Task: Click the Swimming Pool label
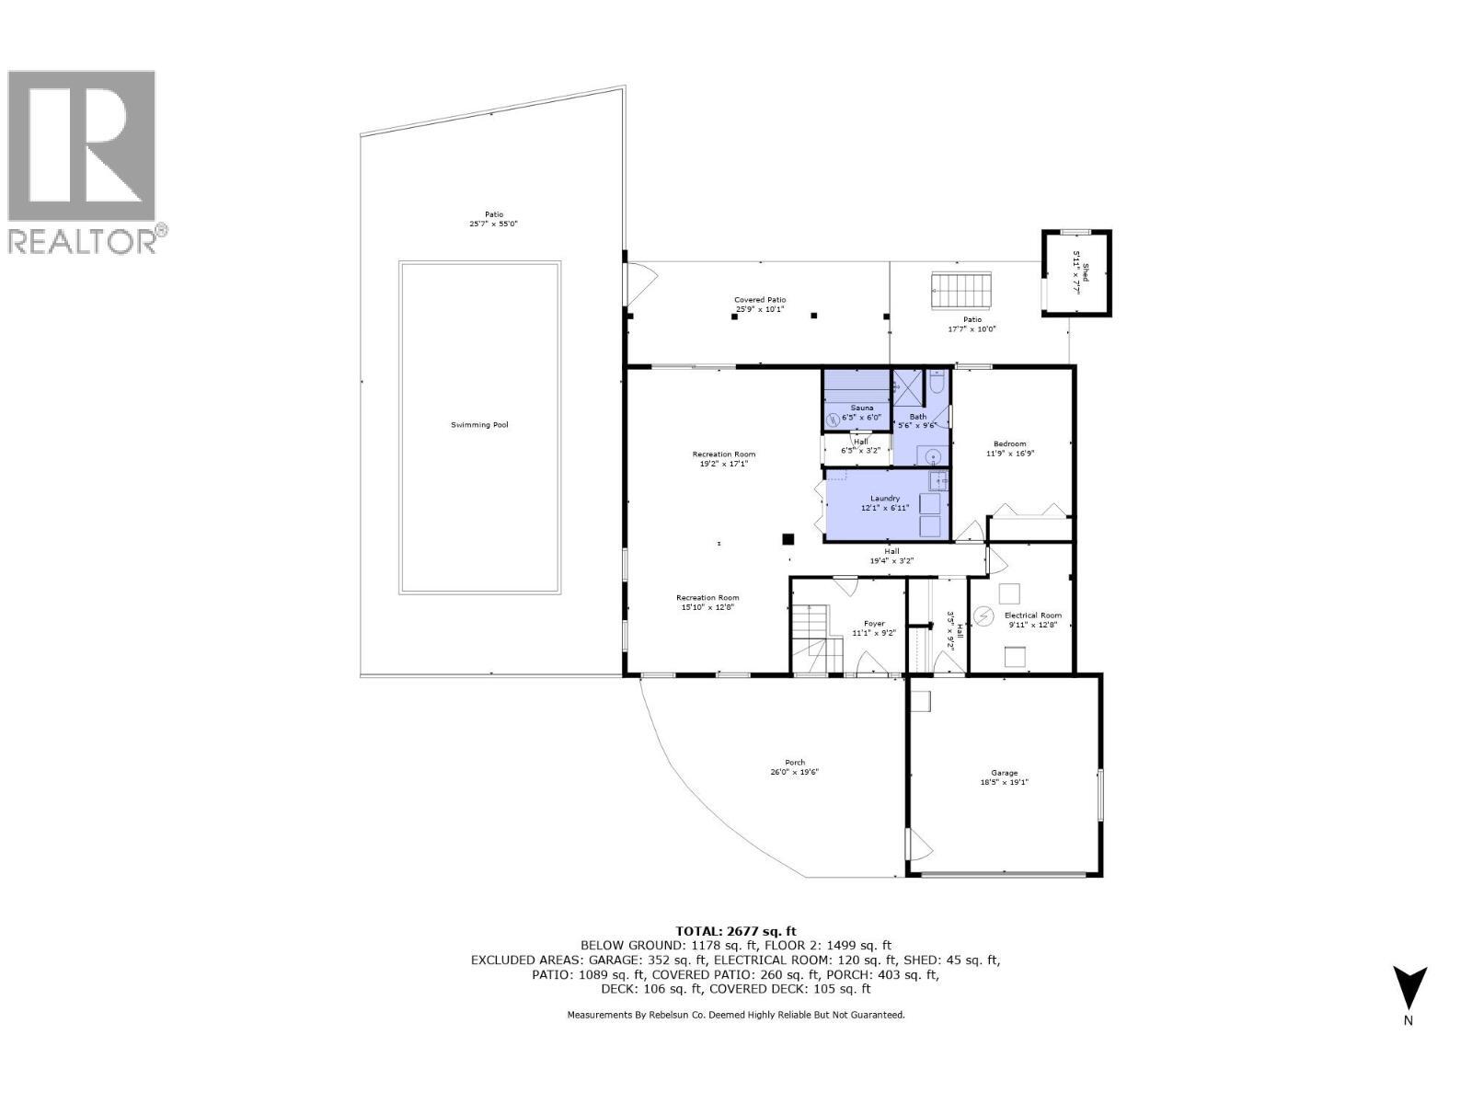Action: [x=479, y=425]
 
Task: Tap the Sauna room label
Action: [x=862, y=408]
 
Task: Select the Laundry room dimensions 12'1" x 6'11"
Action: [x=885, y=508]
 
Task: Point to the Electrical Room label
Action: [x=1032, y=615]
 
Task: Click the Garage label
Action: [x=1004, y=773]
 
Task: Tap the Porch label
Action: [x=795, y=762]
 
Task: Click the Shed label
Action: [x=1086, y=271]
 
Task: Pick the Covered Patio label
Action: [x=760, y=300]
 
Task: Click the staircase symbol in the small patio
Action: [x=961, y=290]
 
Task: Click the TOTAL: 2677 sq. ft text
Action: [x=735, y=931]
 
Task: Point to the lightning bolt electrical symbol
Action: [x=983, y=615]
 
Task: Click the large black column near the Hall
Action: [x=788, y=539]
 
